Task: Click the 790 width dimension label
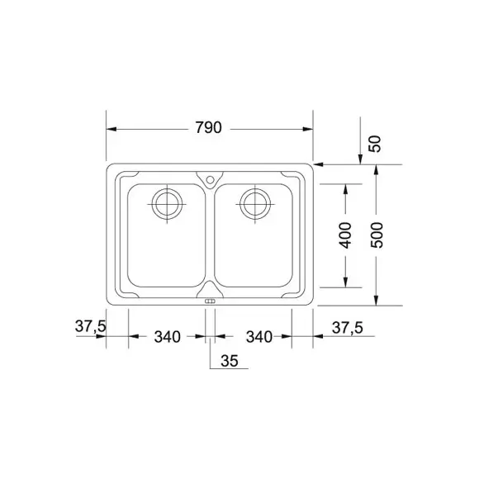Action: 209,128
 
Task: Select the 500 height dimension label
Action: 377,235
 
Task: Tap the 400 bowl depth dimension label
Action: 345,235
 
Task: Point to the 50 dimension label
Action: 376,144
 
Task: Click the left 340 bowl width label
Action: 168,337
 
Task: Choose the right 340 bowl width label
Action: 259,337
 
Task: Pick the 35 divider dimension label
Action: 230,361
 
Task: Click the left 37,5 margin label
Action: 90,326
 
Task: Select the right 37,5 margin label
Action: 348,328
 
